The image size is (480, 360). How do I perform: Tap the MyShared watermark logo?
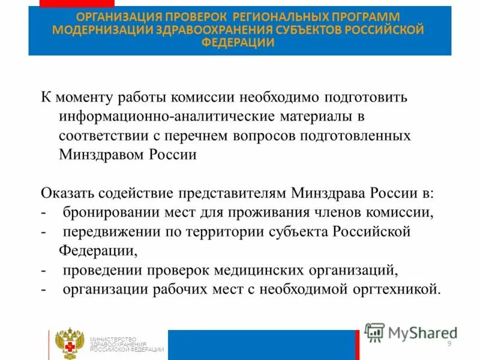click(x=410, y=332)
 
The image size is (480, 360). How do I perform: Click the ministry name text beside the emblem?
click(x=126, y=344)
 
